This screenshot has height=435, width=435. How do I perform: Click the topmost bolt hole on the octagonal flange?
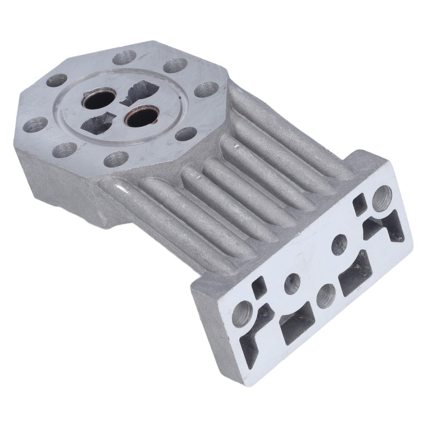[125, 57]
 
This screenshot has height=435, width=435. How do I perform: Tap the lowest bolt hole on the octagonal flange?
[116, 159]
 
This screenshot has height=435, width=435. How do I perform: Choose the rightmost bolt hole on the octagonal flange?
[206, 89]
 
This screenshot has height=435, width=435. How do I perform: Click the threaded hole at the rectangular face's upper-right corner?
[382, 196]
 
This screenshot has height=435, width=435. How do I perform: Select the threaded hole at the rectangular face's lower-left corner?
[241, 313]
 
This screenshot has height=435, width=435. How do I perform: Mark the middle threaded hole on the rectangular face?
[326, 295]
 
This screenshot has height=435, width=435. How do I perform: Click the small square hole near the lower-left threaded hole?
[260, 285]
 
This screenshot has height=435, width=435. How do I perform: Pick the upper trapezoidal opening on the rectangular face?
[356, 270]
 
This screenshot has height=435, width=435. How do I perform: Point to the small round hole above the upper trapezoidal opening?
[340, 244]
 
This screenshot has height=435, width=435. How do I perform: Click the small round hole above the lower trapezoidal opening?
[292, 282]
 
